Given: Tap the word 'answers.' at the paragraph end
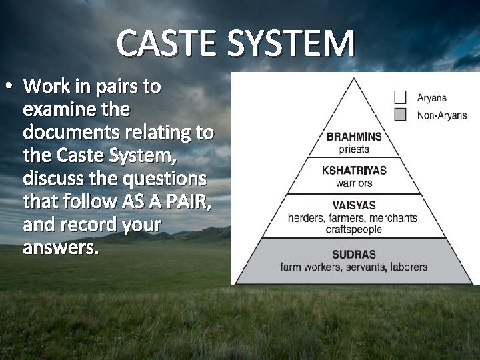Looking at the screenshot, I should tap(60, 249).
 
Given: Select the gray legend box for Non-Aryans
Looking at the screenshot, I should tap(400, 115).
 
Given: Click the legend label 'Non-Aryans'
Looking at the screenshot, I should tap(442, 115).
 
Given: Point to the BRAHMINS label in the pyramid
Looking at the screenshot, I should tap(354, 137).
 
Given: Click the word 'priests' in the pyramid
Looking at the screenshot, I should tap(354, 149).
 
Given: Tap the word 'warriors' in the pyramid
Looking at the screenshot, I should tap(354, 183).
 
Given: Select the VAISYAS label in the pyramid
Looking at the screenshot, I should tap(354, 206).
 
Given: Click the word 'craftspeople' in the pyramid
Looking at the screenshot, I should tap(354, 229).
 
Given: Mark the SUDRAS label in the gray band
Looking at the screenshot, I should tap(354, 255).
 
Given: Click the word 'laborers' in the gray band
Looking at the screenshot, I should tap(403, 267).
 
